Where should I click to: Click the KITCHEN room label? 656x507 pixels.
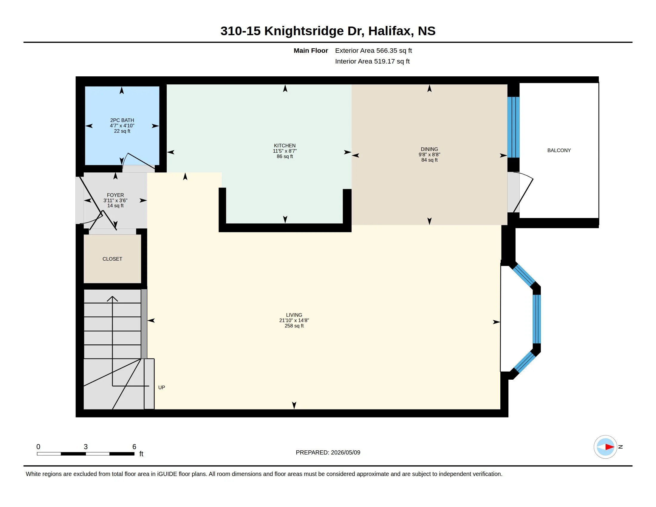point(284,146)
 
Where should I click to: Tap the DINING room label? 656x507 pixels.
point(429,149)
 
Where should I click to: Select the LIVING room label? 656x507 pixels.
point(294,315)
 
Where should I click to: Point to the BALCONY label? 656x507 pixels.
point(559,151)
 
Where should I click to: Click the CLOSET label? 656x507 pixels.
point(112,259)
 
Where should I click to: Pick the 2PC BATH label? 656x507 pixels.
point(122,120)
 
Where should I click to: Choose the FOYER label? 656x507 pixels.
point(115,195)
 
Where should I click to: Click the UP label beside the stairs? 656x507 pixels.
point(162,387)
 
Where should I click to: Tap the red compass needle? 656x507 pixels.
point(610,447)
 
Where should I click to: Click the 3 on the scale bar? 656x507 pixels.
point(86,447)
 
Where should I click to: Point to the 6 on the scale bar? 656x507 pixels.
point(134,447)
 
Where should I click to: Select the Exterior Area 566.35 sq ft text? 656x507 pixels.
point(373,51)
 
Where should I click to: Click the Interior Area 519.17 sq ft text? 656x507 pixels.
point(372,61)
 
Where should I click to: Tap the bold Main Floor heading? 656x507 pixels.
point(311,51)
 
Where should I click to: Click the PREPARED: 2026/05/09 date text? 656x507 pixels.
point(328,453)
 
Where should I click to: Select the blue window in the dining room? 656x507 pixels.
point(513,127)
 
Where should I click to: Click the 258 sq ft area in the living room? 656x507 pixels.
point(294,326)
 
